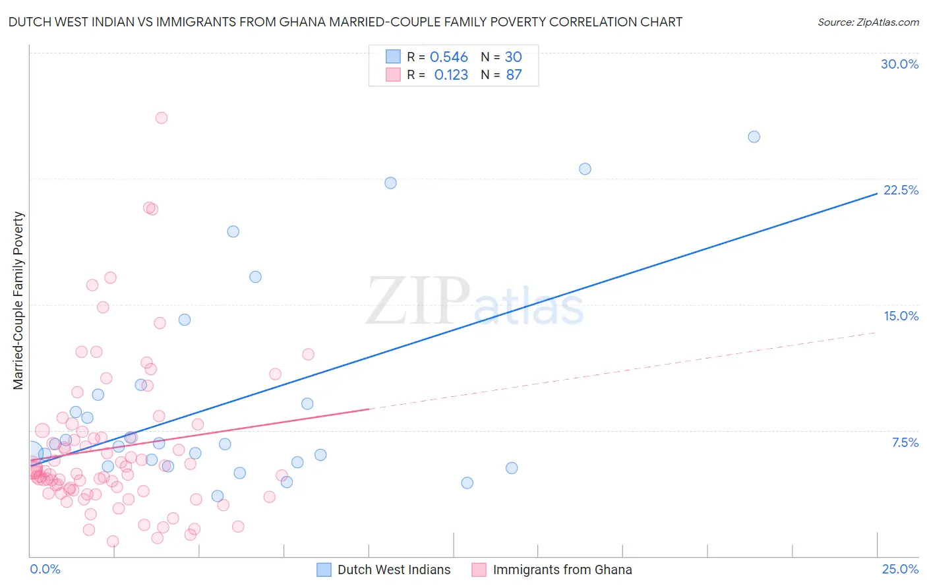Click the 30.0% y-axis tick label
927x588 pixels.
[x=899, y=64]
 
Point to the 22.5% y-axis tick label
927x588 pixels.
[x=901, y=190]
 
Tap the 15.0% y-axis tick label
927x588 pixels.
[x=901, y=316]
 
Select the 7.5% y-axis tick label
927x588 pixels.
[x=905, y=442]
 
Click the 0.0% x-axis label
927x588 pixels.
[x=45, y=569]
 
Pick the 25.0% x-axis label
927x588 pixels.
[x=900, y=569]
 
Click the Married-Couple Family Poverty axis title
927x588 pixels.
[x=18, y=300]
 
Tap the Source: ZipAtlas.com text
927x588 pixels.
[x=868, y=22]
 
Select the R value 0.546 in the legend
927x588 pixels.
[x=448, y=57]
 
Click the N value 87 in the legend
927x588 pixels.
[x=514, y=75]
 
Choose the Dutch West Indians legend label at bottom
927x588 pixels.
[x=394, y=570]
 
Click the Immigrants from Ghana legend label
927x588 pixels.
[x=562, y=570]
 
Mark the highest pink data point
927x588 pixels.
[x=162, y=118]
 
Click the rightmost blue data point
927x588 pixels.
[x=754, y=137]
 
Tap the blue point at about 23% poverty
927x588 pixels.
[x=585, y=169]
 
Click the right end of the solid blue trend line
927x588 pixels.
[x=876, y=194]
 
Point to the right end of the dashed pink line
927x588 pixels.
[x=876, y=333]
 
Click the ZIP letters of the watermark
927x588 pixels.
[x=418, y=301]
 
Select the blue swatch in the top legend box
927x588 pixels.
[x=393, y=57]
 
